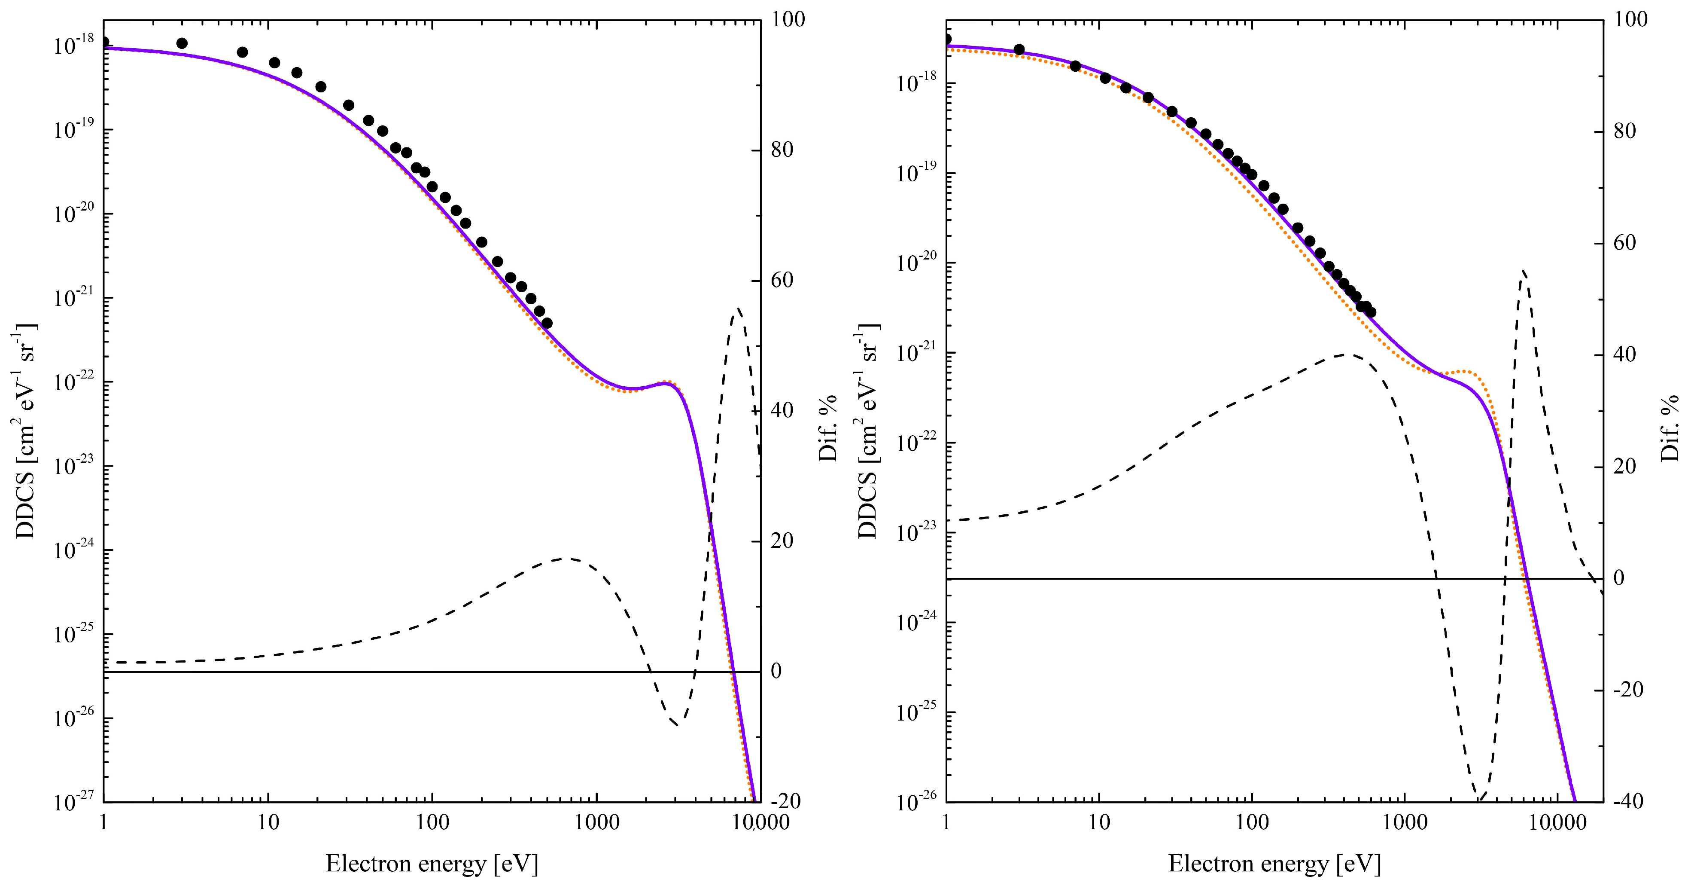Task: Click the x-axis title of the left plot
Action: [x=431, y=863]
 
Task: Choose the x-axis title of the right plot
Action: [x=1274, y=863]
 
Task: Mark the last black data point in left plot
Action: [x=547, y=323]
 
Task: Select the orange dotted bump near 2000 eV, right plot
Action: [x=1465, y=372]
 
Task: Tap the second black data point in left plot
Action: [x=182, y=43]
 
